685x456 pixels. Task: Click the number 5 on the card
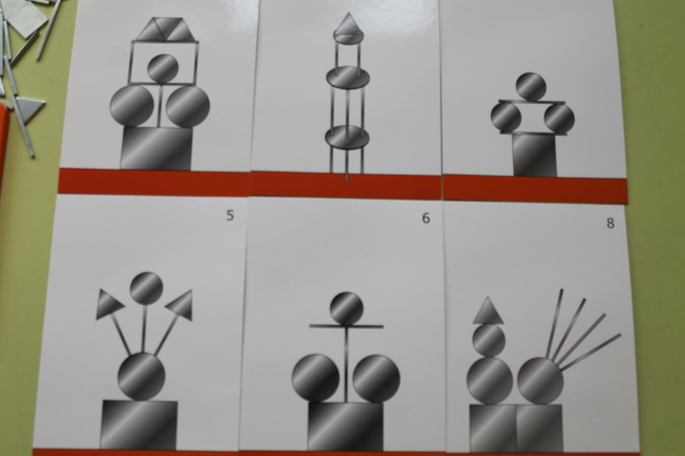coord(230,215)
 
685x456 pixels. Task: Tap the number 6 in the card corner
coord(426,218)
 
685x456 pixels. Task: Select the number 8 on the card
coord(610,223)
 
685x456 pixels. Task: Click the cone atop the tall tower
coord(348,25)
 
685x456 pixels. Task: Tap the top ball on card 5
coord(147,288)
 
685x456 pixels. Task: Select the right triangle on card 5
coord(181,305)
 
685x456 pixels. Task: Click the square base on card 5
coord(140,425)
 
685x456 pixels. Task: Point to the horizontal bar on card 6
coord(346,325)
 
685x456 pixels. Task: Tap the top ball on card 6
coord(346,308)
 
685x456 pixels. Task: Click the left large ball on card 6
coord(316,378)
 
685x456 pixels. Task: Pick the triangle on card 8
coord(488,312)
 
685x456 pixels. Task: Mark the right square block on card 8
coord(539,428)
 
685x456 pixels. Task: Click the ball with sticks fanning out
coord(541,381)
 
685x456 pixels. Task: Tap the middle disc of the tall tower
coord(348,77)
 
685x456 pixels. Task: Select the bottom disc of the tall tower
coord(347,137)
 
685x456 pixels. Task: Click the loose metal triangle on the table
coord(29,108)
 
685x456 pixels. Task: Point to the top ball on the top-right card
coord(531,86)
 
